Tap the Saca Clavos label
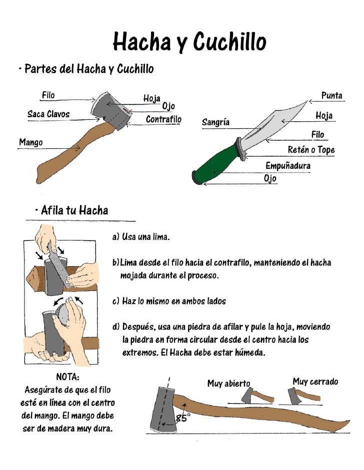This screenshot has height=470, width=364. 48,114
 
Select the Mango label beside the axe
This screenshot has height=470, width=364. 30,142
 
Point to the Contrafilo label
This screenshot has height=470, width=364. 163,120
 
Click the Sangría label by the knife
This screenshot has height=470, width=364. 215,122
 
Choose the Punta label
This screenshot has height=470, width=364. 331,95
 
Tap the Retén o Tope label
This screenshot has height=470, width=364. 311,150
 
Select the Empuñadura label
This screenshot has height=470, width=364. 287,165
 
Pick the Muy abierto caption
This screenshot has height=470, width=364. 228,383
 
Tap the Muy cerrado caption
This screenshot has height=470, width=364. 315,382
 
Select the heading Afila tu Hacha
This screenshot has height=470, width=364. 71,211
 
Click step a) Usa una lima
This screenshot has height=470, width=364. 141,236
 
